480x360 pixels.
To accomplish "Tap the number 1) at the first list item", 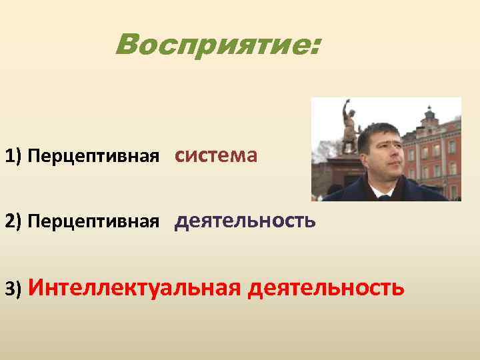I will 13,157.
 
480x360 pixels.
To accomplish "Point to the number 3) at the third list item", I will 13,289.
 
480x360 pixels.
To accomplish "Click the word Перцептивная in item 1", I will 94,157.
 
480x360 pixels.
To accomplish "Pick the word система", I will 216,155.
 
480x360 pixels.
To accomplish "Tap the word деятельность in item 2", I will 245,220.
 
